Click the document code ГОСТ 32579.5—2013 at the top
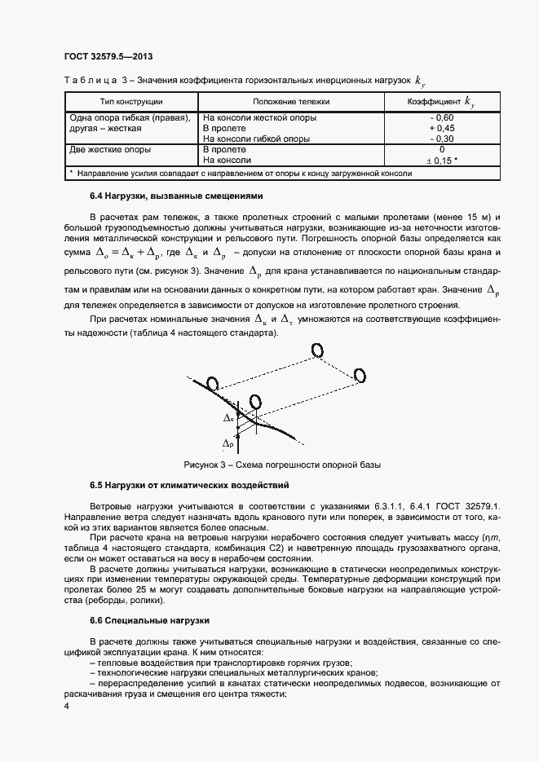click(108, 56)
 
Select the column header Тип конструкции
click(130, 101)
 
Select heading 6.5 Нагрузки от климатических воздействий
click(189, 486)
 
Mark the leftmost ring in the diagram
click(213, 383)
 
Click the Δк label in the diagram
click(228, 417)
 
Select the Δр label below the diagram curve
click(228, 444)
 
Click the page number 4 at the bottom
click(66, 707)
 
